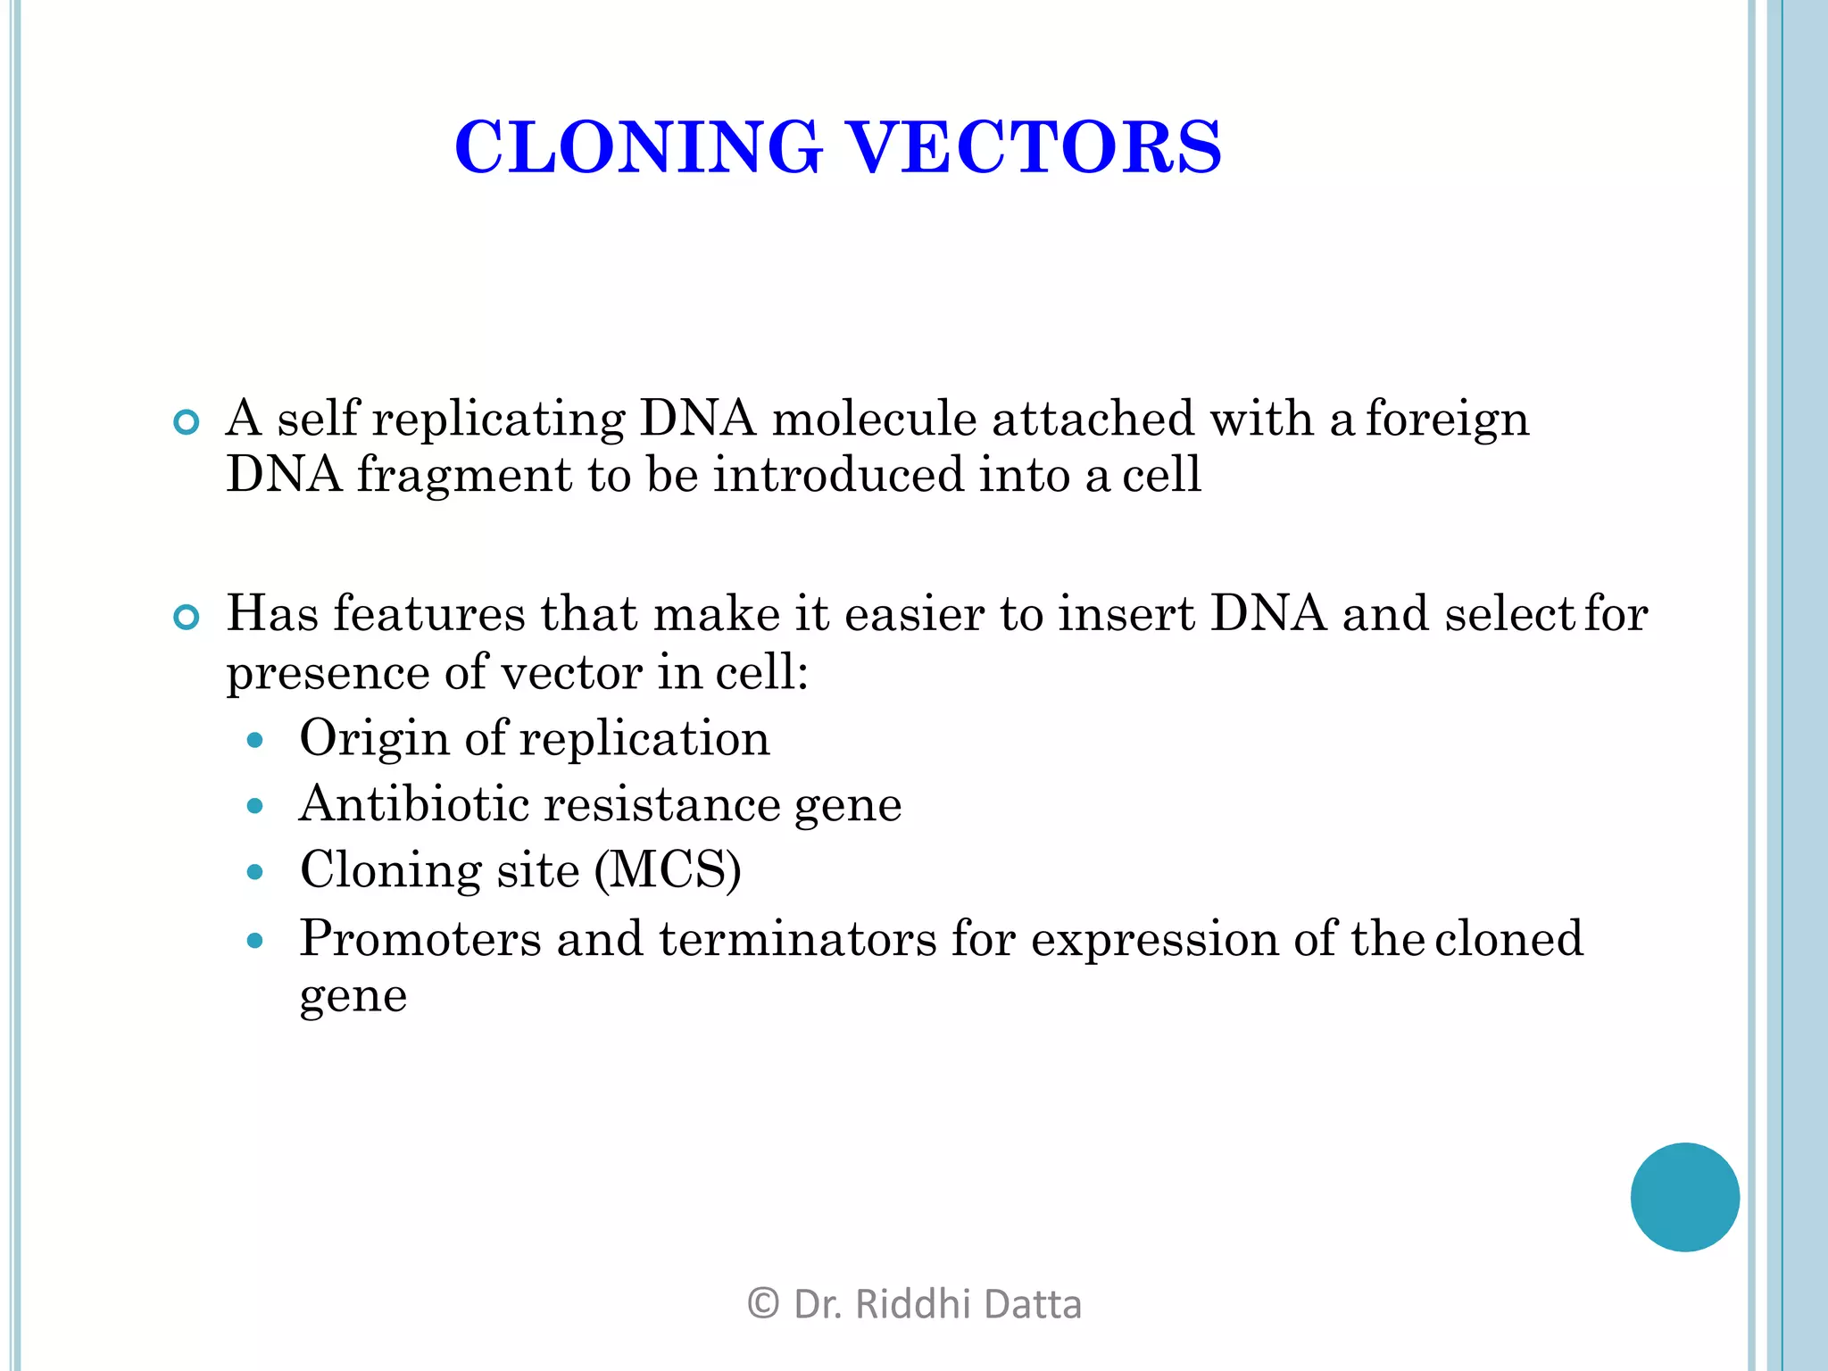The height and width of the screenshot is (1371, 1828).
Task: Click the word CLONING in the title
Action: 637,148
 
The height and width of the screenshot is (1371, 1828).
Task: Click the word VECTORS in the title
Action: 1033,148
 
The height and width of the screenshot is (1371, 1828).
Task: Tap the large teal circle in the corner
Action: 1684,1197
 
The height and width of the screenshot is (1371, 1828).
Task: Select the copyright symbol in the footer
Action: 762,1304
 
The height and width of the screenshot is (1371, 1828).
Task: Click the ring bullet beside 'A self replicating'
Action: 186,422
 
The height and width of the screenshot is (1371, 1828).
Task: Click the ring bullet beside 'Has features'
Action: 186,617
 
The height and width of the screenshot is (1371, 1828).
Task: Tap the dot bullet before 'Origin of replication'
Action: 255,740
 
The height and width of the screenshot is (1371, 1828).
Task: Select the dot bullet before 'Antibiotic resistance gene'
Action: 255,806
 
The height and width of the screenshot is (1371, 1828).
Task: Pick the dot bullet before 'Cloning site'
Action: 255,872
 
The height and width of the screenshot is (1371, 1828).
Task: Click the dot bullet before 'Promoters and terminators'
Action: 255,940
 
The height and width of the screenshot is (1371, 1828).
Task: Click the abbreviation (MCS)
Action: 668,870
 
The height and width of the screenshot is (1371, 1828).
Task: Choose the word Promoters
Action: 420,939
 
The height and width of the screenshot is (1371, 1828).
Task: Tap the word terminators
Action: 797,939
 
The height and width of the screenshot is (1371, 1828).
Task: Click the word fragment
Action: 464,475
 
